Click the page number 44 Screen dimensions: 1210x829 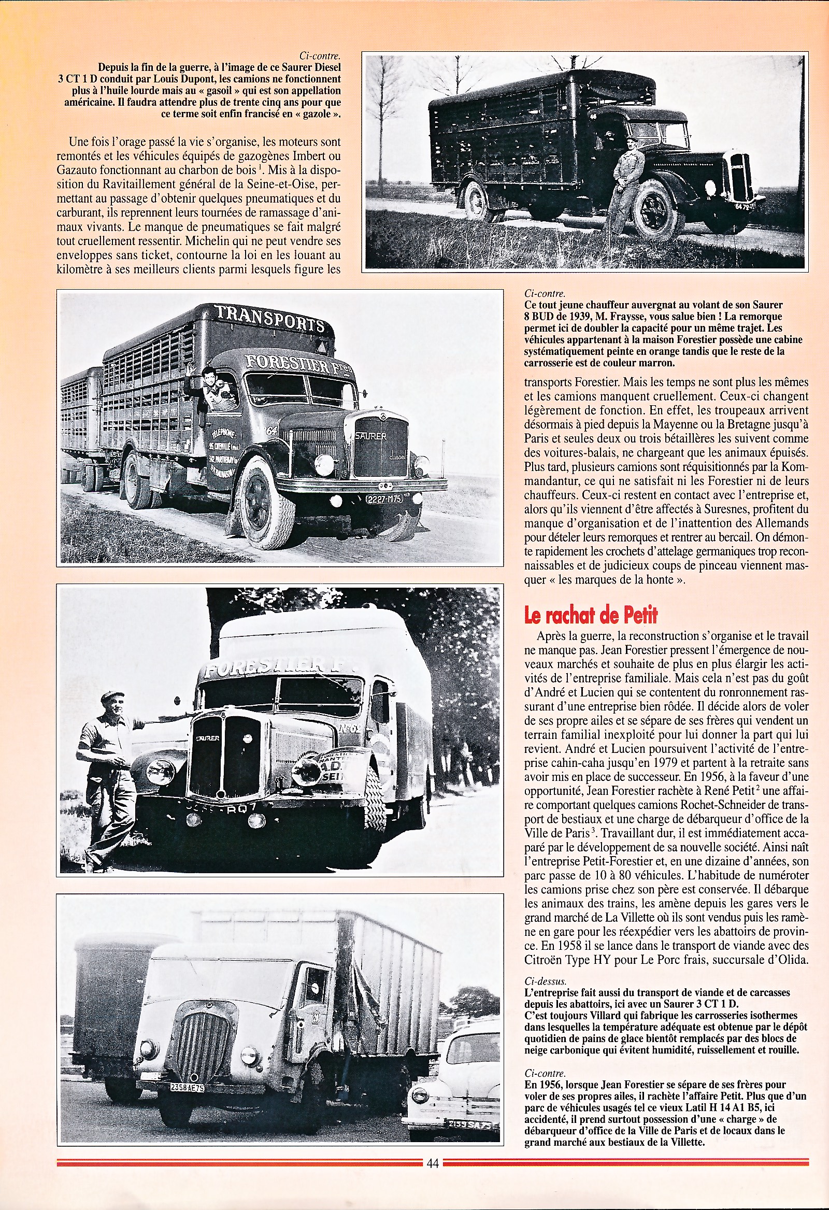(x=432, y=1192)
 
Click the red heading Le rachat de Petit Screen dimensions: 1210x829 (x=591, y=616)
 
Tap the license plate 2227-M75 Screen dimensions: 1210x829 (x=384, y=500)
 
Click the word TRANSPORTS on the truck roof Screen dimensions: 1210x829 (x=270, y=318)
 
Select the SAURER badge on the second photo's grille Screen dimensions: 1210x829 (x=371, y=436)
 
